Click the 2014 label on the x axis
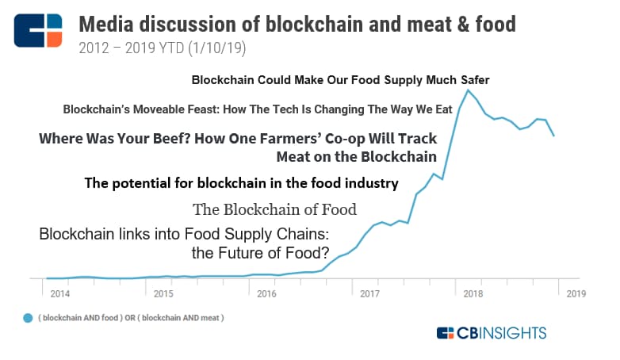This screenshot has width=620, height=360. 60,294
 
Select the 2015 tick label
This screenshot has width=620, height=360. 163,294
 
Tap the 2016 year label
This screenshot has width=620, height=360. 266,294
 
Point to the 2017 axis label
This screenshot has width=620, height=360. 369,294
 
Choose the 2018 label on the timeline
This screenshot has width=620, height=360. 473,294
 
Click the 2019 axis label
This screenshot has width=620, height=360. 576,294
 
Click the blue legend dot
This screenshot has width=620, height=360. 28,318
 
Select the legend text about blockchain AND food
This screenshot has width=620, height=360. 131,318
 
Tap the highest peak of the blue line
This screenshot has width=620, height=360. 468,90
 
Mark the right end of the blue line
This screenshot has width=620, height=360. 554,136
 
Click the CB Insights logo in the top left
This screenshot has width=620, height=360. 38,30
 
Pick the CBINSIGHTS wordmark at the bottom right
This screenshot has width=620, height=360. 492,333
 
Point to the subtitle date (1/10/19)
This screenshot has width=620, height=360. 217,48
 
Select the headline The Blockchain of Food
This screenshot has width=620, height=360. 274,209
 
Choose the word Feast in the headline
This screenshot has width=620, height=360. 201,109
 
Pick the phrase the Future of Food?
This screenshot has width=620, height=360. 260,253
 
